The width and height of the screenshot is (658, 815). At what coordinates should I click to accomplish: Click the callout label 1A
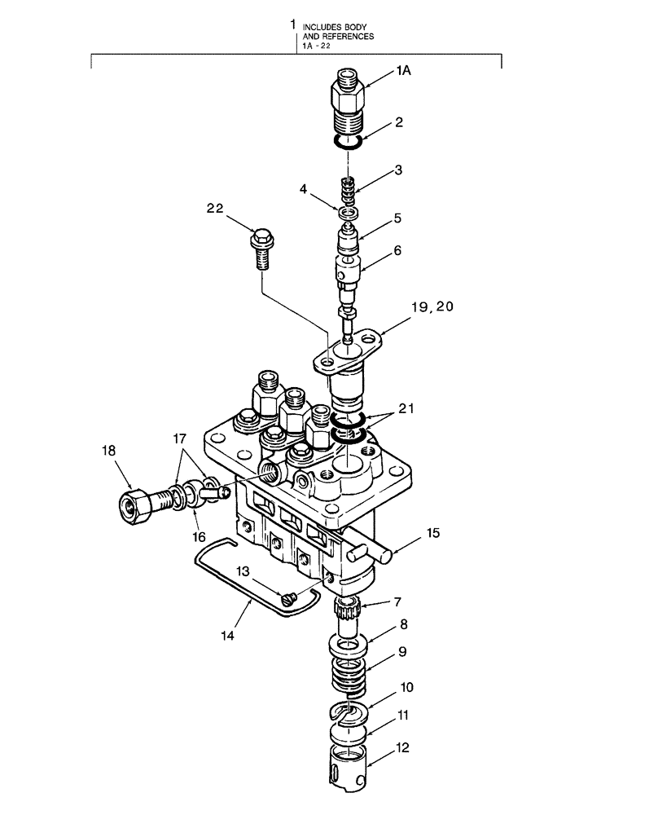coord(404,72)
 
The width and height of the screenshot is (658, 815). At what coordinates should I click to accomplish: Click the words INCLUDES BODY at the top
coord(329,27)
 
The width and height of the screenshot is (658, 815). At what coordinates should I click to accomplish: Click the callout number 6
coord(399,252)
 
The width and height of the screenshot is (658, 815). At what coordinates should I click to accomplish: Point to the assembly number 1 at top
coord(293,26)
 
